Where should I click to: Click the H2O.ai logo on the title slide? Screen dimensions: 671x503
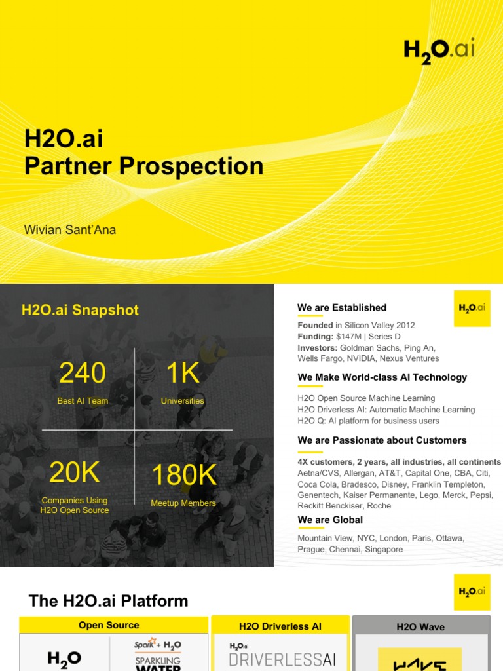click(438, 52)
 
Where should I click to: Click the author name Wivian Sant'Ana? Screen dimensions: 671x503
click(70, 230)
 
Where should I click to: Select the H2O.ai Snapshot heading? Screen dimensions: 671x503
click(80, 310)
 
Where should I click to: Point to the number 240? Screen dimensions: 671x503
click(83, 374)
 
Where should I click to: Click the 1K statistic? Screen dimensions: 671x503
click(182, 374)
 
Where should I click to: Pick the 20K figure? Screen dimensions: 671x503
click(74, 472)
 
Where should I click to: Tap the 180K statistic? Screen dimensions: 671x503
click(183, 476)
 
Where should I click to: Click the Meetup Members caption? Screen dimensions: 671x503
click(183, 503)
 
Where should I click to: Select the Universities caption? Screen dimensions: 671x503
click(183, 401)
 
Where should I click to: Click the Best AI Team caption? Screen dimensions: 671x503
click(83, 401)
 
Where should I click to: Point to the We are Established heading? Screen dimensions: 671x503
click(342, 307)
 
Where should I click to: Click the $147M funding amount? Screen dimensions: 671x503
click(350, 337)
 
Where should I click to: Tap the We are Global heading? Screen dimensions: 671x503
click(330, 520)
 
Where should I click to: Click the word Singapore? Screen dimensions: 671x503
click(384, 549)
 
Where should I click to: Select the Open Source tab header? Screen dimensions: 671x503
click(109, 625)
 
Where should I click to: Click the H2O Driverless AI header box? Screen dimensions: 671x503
click(280, 626)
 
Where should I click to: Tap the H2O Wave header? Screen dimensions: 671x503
click(420, 627)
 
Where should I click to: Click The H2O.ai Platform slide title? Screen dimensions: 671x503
click(109, 601)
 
